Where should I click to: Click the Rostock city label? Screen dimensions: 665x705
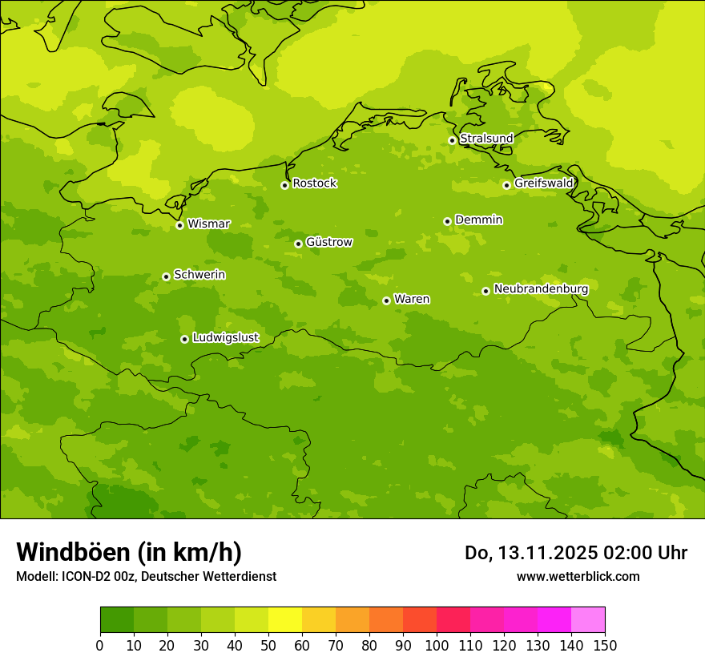pos(314,183)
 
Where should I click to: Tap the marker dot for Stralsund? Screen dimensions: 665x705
pos(452,140)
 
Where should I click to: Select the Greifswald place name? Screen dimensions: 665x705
pos(544,183)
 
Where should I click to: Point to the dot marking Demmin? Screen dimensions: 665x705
pos(447,221)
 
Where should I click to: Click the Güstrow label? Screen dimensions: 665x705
pos(328,242)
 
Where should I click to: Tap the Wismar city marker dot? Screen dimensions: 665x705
pos(179,225)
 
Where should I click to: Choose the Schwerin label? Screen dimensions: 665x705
pos(199,275)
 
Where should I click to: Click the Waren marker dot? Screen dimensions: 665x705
pos(386,300)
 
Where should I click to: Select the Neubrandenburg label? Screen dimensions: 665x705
pos(541,288)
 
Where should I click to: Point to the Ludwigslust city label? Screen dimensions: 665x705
pos(225,337)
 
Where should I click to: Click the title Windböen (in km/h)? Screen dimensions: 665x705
pos(129,552)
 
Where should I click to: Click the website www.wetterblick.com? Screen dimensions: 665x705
pos(578,576)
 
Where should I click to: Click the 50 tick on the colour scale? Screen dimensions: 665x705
pos(268,645)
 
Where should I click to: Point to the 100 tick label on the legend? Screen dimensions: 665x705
pos(437,645)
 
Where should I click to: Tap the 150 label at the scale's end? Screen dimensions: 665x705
pos(605,645)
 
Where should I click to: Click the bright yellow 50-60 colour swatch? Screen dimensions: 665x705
pos(285,619)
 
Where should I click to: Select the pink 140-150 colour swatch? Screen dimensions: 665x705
pos(588,619)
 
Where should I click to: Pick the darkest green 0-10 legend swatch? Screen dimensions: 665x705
pos(117,619)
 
